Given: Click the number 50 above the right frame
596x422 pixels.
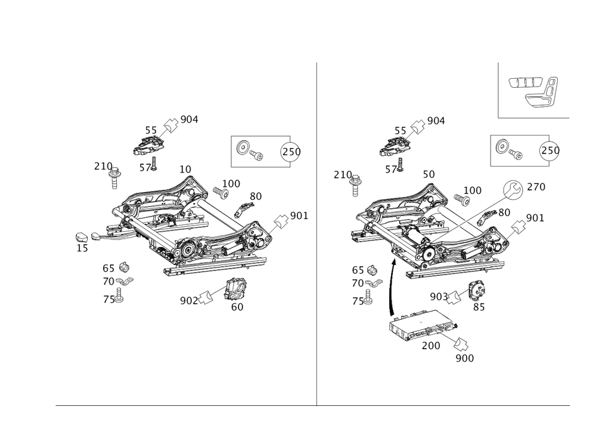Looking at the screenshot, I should pyautogui.click(x=428, y=173).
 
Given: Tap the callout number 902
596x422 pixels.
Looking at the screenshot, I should pyautogui.click(x=187, y=300).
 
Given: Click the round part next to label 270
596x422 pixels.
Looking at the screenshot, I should pyautogui.click(x=510, y=190).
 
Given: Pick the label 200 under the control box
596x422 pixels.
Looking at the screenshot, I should pyautogui.click(x=430, y=346).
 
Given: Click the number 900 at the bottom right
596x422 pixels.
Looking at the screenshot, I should pyautogui.click(x=464, y=358).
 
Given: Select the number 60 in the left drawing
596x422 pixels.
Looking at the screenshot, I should pyautogui.click(x=237, y=306).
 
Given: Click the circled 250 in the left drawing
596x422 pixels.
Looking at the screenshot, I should pyautogui.click(x=291, y=152).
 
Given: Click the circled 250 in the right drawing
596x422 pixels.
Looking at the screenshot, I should pyautogui.click(x=550, y=152).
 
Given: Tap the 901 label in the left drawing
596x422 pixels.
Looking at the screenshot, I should pyautogui.click(x=299, y=215).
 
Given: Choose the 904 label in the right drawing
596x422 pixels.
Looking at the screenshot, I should pyautogui.click(x=437, y=121).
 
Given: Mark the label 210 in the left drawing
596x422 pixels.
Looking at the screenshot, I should pyautogui.click(x=103, y=166).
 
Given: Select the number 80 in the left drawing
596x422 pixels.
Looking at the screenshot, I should pyautogui.click(x=256, y=196).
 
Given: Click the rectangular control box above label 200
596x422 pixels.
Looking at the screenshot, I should pyautogui.click(x=423, y=324).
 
